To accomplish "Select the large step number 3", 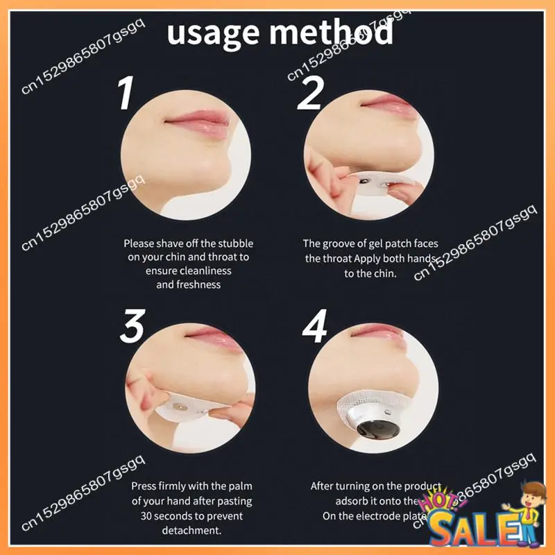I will pos(131,325).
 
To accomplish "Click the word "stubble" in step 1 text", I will pos(235,244).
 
